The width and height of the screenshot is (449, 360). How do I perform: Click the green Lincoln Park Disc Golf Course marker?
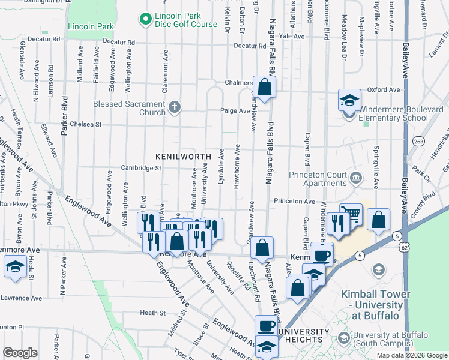click(145, 20)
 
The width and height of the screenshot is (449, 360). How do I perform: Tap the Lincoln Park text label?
click(91, 27)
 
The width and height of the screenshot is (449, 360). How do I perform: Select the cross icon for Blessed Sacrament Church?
click(174, 108)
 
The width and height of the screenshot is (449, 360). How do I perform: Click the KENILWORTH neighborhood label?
click(183, 156)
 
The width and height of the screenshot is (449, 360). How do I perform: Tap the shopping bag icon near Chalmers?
click(264, 87)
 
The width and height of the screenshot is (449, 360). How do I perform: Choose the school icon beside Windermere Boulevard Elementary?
click(349, 100)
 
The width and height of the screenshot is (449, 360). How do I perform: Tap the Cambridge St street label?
click(141, 168)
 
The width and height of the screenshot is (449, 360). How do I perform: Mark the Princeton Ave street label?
click(295, 201)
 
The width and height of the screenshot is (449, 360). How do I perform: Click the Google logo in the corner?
click(20, 353)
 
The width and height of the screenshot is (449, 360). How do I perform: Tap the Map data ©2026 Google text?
click(411, 355)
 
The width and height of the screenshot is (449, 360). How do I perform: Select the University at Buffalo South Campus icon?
click(343, 338)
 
